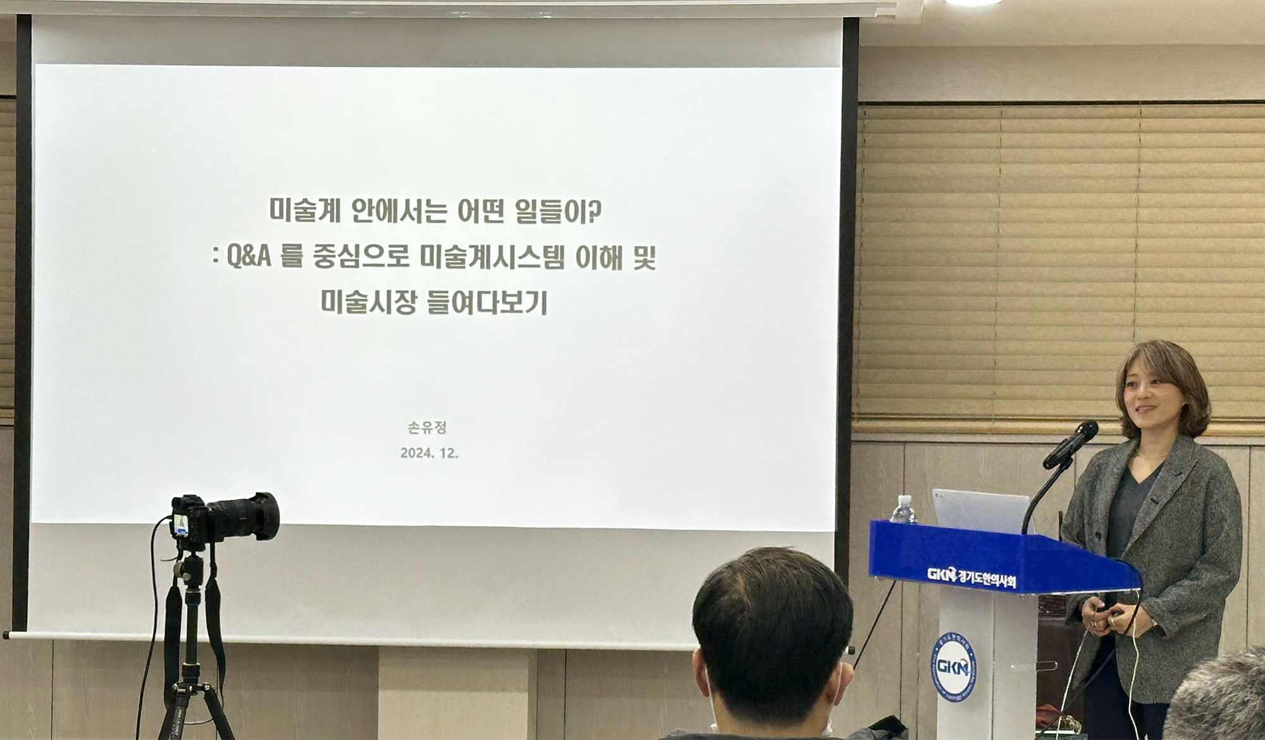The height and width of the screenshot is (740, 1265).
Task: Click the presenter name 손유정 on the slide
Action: tap(427, 428)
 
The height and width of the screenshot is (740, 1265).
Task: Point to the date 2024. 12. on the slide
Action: tap(429, 453)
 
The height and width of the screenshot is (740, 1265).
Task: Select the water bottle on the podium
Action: tap(903, 509)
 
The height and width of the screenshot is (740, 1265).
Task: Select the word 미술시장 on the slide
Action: tap(368, 302)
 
